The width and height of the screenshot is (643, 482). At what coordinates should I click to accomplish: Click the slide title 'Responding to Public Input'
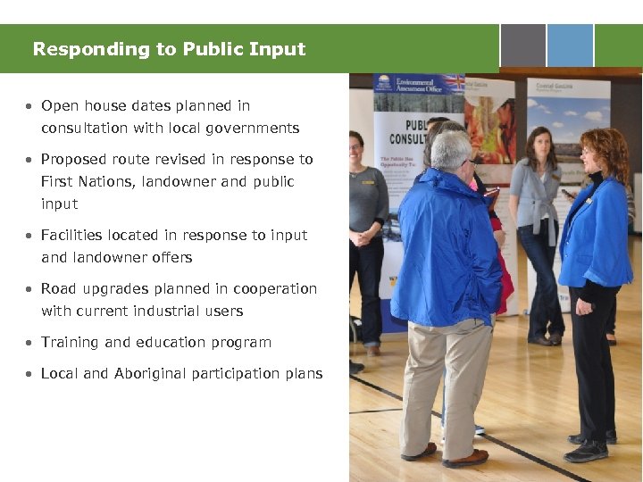[x=169, y=49]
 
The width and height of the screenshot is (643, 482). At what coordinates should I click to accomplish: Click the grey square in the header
[x=522, y=46]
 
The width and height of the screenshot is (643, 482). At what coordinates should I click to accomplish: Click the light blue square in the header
[x=570, y=46]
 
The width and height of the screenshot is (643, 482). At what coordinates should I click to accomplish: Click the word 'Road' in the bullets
[x=58, y=289]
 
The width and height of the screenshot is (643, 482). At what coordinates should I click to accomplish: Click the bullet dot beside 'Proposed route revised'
[x=29, y=160]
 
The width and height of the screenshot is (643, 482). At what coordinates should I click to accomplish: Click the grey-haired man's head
[x=451, y=151]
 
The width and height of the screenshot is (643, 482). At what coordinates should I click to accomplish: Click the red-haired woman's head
[x=604, y=152]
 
